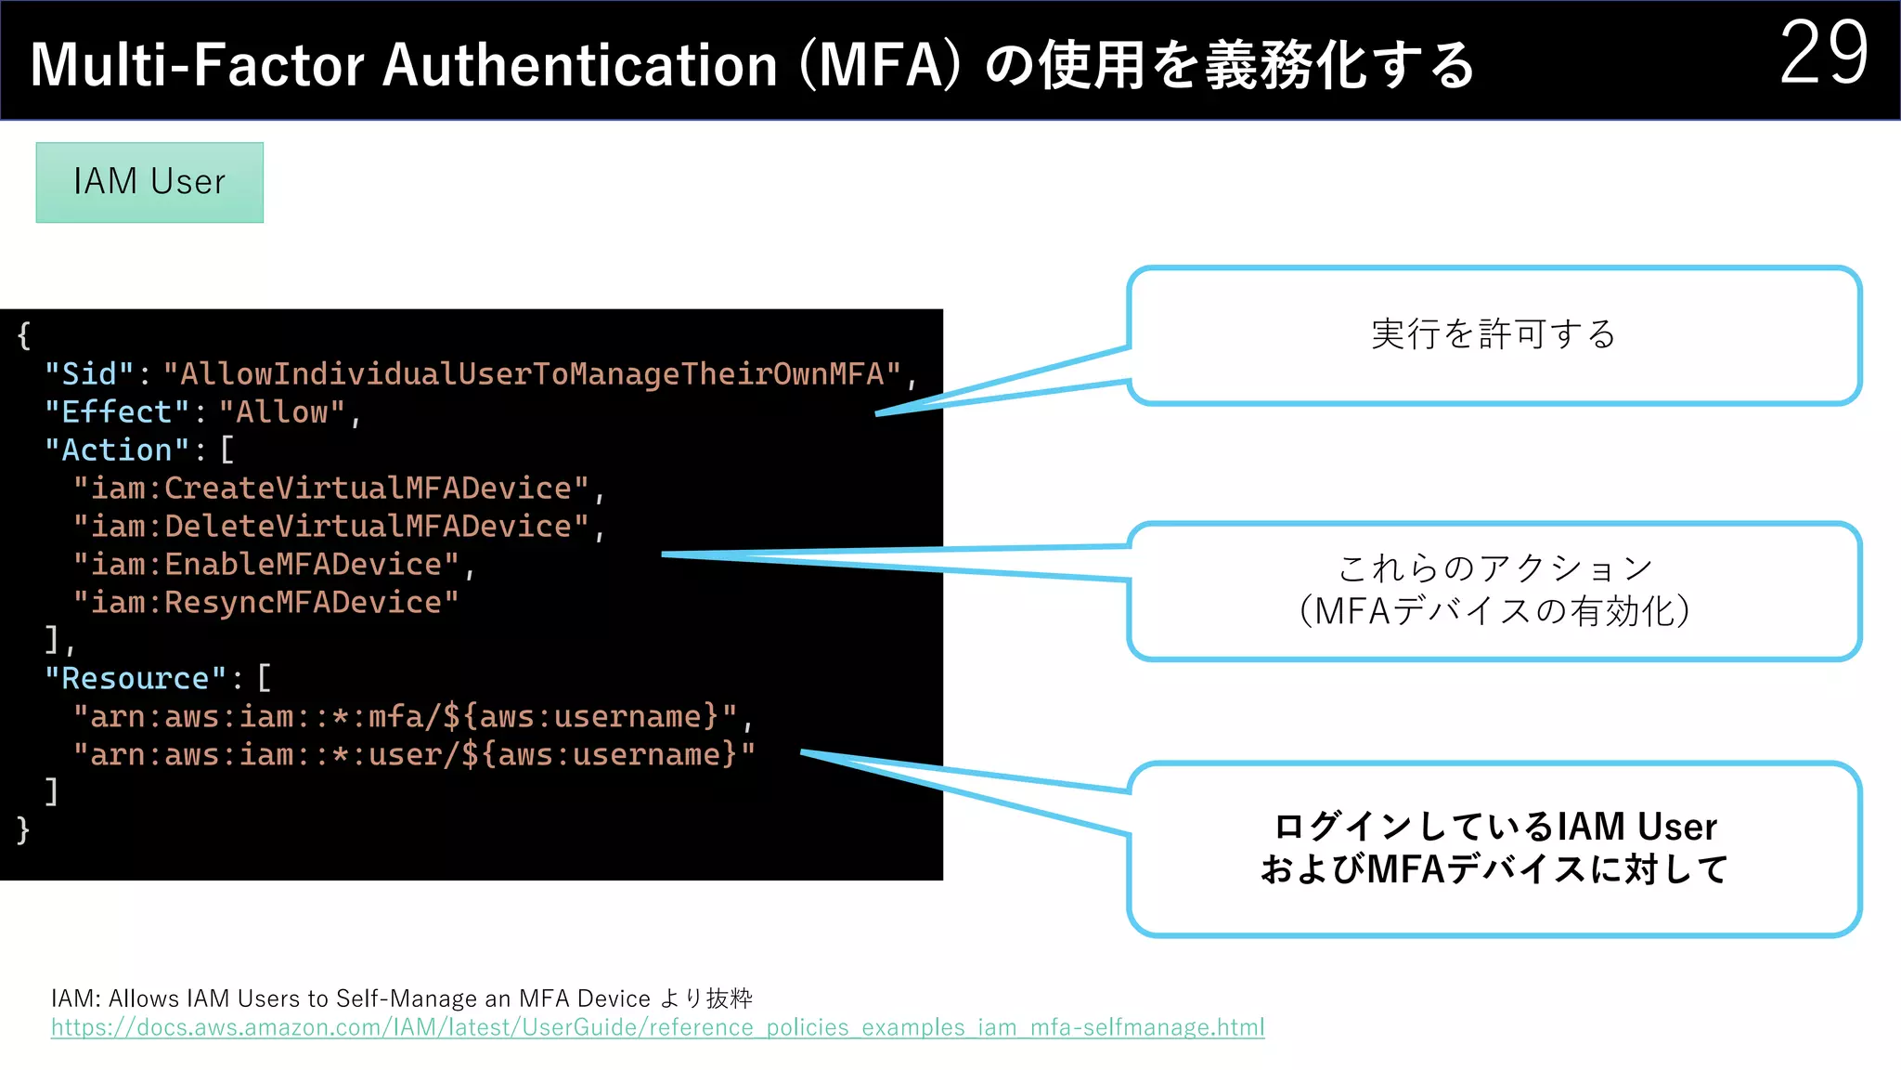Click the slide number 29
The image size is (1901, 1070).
(x=1823, y=54)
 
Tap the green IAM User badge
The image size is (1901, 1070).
(x=149, y=182)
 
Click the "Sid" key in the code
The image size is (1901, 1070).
(x=89, y=374)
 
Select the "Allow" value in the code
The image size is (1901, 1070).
(x=282, y=412)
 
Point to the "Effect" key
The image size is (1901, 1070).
(x=117, y=412)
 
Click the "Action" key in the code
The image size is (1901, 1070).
(x=117, y=450)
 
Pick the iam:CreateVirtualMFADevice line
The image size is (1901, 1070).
(x=330, y=489)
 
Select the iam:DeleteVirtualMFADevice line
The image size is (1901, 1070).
(x=330, y=527)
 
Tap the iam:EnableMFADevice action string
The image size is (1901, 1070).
(x=265, y=565)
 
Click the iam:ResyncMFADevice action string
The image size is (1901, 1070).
(x=265, y=603)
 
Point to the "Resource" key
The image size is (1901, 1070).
(x=136, y=679)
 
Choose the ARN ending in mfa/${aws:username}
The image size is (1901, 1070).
(x=405, y=717)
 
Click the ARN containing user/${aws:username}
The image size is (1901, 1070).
(x=414, y=755)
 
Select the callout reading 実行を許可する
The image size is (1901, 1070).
(x=1494, y=334)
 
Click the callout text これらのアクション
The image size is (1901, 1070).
(x=1494, y=568)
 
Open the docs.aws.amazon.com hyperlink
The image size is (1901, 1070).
(x=657, y=1027)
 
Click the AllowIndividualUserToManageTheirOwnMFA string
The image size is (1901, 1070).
(x=532, y=374)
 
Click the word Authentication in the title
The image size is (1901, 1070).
(x=579, y=65)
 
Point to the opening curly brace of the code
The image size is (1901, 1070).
(x=24, y=335)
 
